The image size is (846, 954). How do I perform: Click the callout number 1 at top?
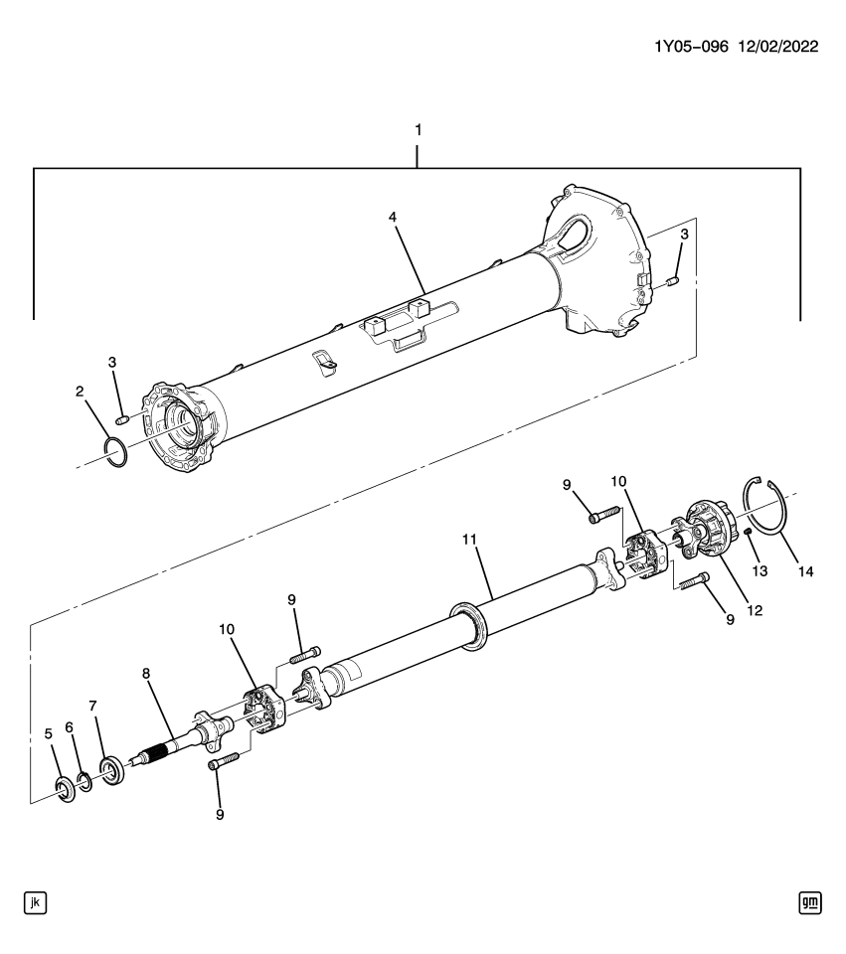pyautogui.click(x=418, y=130)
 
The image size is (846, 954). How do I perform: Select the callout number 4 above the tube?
pyautogui.click(x=394, y=216)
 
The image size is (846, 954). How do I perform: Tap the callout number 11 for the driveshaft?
pyautogui.click(x=470, y=540)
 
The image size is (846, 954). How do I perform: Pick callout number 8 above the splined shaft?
pyautogui.click(x=146, y=673)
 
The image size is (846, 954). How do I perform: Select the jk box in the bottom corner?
pyautogui.click(x=36, y=902)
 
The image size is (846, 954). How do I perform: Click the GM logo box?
pyautogui.click(x=809, y=902)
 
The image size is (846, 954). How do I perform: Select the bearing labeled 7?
pyautogui.click(x=111, y=771)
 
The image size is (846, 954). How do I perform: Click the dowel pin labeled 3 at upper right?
pyautogui.click(x=672, y=283)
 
